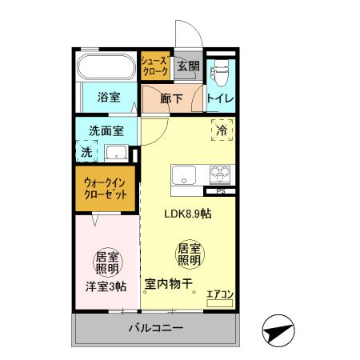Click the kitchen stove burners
point(220,175)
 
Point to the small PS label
point(219,192)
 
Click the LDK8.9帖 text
point(187,214)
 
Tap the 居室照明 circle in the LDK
point(188,255)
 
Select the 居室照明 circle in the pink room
point(107,262)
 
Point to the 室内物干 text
point(171,283)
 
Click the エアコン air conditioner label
point(219,294)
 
